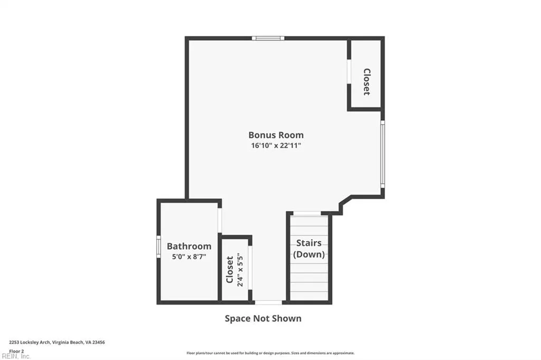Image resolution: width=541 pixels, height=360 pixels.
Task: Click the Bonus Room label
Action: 276,135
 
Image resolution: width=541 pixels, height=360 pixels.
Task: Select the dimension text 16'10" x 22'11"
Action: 276,146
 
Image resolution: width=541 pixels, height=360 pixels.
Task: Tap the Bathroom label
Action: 189,246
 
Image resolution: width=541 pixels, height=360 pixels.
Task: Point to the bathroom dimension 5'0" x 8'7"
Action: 189,257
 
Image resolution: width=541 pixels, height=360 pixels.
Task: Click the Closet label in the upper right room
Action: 366,81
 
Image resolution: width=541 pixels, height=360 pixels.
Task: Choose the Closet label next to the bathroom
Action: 230,269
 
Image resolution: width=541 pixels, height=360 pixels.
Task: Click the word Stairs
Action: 309,243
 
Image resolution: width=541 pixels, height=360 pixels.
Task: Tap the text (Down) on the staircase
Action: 309,254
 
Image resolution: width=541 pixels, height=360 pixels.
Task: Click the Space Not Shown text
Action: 263,318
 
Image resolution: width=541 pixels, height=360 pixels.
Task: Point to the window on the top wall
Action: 268,38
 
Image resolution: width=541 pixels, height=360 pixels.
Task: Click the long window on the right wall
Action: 383,154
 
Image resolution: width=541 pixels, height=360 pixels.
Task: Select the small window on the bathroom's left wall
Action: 158,247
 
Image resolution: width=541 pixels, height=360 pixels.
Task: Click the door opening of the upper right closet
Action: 349,71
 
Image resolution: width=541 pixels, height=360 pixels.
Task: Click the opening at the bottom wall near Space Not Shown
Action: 268,302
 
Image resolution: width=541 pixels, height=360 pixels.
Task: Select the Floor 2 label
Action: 16,350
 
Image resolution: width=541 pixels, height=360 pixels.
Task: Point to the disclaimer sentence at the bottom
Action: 270,353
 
